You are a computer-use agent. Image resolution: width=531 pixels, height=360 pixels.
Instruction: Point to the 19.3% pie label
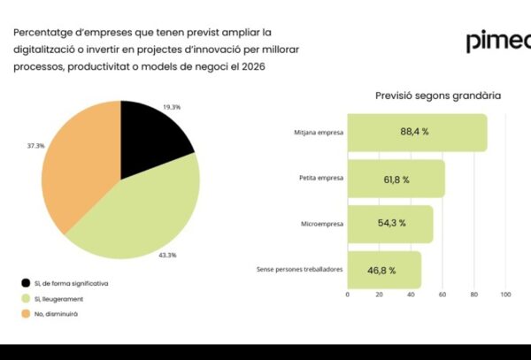pyautogui.click(x=172, y=106)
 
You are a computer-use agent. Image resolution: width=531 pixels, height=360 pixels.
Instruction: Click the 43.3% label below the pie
pyautogui.click(x=167, y=255)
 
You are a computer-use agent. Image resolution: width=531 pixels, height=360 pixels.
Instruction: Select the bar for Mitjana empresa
pyautogui.click(x=417, y=133)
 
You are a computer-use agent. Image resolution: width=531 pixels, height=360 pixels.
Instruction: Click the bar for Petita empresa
pyautogui.click(x=396, y=179)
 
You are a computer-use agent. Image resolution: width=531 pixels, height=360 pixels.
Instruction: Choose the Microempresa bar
pyautogui.click(x=390, y=224)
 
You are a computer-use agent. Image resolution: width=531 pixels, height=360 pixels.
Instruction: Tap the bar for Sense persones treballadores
pyautogui.click(x=384, y=269)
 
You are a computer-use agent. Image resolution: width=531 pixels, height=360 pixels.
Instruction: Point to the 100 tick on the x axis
pyautogui.click(x=506, y=295)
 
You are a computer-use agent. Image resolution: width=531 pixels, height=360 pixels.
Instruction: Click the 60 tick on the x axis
pyautogui.click(x=442, y=295)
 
